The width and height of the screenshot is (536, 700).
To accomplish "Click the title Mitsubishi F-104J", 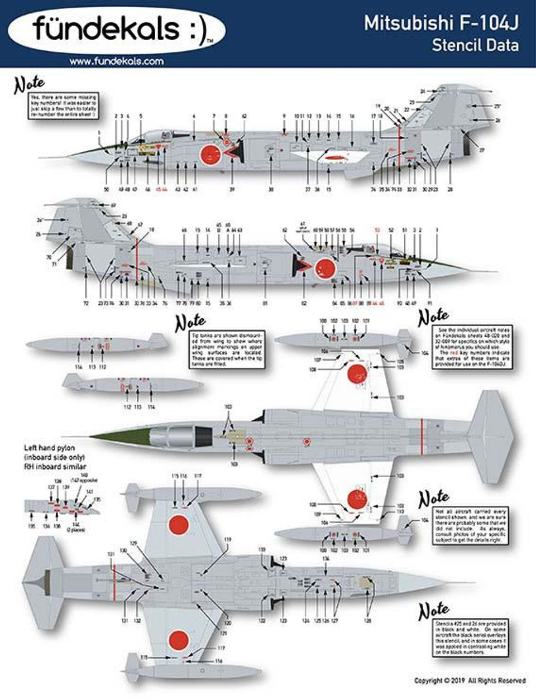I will point(441,23).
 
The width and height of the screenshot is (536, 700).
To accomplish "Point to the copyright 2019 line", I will point(470,680).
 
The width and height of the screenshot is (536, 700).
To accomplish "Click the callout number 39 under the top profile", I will point(231,190).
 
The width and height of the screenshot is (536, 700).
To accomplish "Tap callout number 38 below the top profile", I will point(271,190).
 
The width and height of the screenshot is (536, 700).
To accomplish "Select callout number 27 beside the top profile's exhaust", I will point(482,150).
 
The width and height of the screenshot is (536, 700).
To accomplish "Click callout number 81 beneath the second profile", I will point(265,303).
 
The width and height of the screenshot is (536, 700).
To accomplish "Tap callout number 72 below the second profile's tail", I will point(85,303).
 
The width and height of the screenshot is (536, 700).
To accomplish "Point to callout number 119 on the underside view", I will point(227,539).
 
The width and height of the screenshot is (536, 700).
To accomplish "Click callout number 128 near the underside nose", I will point(367,620).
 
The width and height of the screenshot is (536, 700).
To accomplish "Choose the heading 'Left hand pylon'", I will point(49,448).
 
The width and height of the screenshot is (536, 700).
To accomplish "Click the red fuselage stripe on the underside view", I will point(114,583).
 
